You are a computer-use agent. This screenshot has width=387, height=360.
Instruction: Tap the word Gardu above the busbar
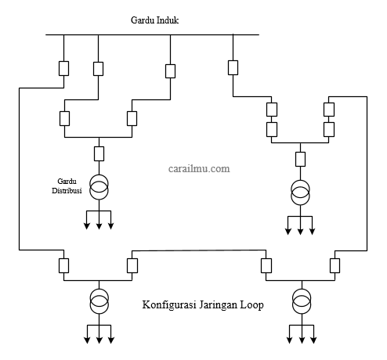[141, 20]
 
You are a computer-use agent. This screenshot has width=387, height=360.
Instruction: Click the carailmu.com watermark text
[199, 168]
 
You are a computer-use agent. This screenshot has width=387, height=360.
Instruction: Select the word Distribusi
[67, 191]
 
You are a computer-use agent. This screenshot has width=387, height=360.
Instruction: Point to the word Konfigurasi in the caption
[169, 304]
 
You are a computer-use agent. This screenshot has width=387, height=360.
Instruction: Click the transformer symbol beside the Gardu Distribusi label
[99, 187]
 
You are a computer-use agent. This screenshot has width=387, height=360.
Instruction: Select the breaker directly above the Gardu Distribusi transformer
[99, 153]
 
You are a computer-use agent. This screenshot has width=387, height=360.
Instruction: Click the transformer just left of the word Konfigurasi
[99, 301]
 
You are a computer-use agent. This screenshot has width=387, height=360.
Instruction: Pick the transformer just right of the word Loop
[302, 301]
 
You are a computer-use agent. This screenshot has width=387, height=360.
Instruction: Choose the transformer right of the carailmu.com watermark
[300, 193]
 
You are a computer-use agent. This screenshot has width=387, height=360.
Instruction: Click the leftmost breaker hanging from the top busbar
[63, 68]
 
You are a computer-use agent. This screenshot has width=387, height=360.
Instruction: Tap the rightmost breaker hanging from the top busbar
[233, 67]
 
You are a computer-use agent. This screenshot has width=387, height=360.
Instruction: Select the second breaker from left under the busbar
[98, 69]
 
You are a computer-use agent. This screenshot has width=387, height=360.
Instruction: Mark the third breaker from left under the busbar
[170, 71]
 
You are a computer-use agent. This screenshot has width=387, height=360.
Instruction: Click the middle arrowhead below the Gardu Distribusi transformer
[99, 226]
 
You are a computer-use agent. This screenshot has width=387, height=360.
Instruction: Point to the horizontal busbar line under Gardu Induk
[153, 34]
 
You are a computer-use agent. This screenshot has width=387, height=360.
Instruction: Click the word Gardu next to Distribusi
[67, 182]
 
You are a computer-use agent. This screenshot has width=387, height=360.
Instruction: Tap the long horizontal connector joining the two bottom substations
[199, 250]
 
